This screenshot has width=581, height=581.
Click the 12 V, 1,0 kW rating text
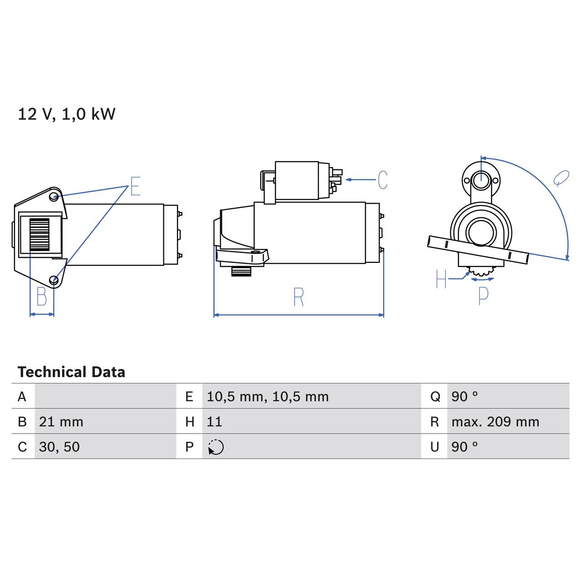pyautogui.click(x=67, y=114)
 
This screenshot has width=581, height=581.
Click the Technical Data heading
pyautogui.click(x=71, y=372)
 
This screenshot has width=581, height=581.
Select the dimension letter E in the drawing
pyautogui.click(x=135, y=186)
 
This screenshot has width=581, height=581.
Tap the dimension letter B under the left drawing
pyautogui.click(x=42, y=297)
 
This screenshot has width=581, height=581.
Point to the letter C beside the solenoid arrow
pyautogui.click(x=383, y=180)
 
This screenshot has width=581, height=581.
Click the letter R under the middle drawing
pyautogui.click(x=298, y=297)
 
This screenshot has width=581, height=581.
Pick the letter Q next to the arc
pyautogui.click(x=561, y=178)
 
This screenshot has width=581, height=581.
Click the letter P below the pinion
pyautogui.click(x=483, y=295)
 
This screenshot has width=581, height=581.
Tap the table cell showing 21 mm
pyautogui.click(x=61, y=422)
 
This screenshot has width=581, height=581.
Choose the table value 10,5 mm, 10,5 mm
pyautogui.click(x=267, y=397)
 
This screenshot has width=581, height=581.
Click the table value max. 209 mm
pyautogui.click(x=495, y=422)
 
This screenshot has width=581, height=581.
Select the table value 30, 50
pyautogui.click(x=59, y=447)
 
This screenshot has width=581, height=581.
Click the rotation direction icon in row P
pyautogui.click(x=216, y=447)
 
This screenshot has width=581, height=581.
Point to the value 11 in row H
pyautogui.click(x=214, y=422)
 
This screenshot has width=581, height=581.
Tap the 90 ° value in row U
pyautogui.click(x=464, y=447)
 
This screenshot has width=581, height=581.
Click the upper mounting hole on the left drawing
pyautogui.click(x=54, y=197)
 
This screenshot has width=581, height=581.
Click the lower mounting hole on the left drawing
pyautogui.click(x=54, y=280)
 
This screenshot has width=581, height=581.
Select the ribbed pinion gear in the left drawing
pyautogui.click(x=39, y=234)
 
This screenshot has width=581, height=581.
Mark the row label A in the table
pyautogui.click(x=22, y=397)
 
